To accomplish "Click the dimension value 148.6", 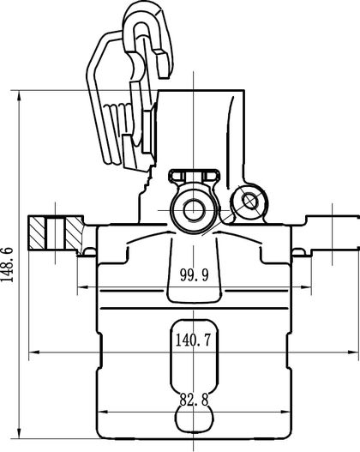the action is [7, 264].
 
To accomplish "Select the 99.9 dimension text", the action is [194, 275].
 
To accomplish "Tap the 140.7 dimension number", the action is [193, 340].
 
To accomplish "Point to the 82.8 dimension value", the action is [194, 400].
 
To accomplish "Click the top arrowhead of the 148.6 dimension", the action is [19, 96].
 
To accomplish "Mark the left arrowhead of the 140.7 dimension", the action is [34, 352].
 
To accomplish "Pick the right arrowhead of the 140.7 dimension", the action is [353, 352].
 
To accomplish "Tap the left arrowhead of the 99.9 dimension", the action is [82, 287].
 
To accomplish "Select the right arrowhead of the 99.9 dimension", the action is [306, 287].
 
